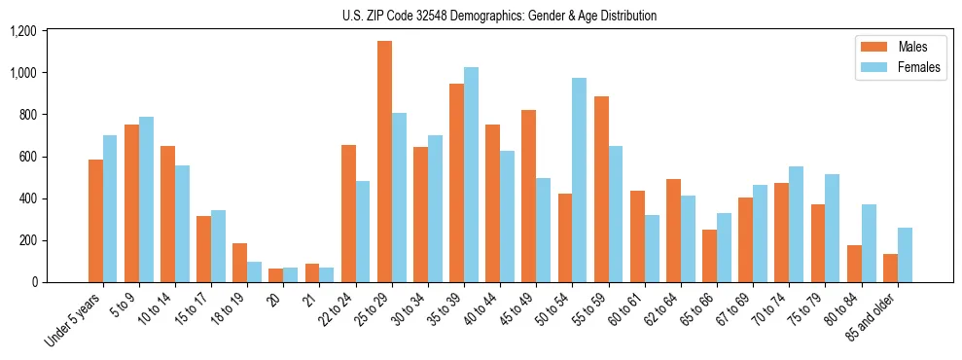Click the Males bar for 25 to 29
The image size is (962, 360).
pos(384,162)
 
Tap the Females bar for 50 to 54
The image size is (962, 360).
pos(579,180)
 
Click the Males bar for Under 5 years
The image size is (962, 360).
pos(95,221)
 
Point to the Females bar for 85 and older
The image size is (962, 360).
pos(904,255)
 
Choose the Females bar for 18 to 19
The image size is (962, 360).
pos(254,271)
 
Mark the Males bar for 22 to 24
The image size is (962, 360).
pos(348,214)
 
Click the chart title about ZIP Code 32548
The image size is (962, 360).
pos(499,16)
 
